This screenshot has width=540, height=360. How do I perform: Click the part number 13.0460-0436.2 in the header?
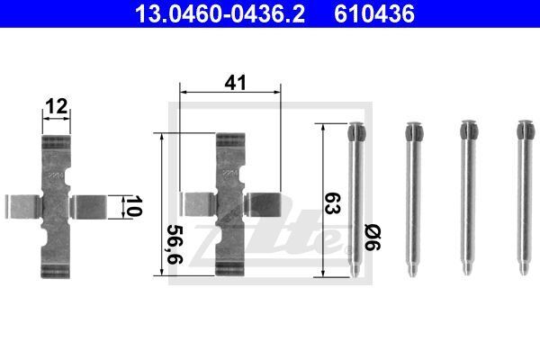(220, 13)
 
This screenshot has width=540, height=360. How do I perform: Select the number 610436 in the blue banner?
(374, 13)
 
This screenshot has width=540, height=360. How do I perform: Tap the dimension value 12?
(57, 106)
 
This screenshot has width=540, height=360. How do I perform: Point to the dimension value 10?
(133, 206)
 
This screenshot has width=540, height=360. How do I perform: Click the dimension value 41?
(236, 83)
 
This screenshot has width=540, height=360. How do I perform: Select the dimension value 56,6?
(175, 245)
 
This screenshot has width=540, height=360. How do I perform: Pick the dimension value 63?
(332, 203)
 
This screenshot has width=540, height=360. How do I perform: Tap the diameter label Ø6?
(373, 238)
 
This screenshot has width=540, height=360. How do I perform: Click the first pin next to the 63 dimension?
(355, 200)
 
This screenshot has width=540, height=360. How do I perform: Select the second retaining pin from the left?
(413, 200)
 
